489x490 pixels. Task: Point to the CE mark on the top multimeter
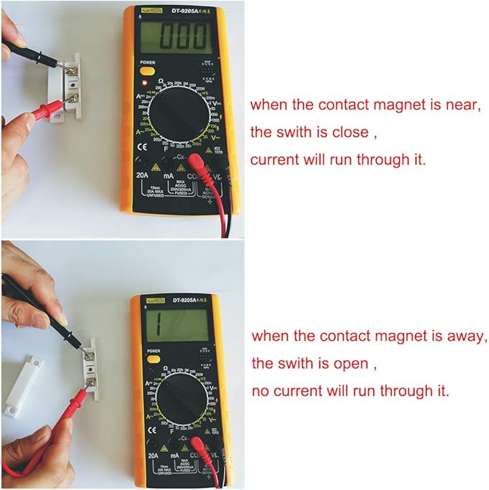[x=141, y=143]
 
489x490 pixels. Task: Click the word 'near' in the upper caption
[x=461, y=104]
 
